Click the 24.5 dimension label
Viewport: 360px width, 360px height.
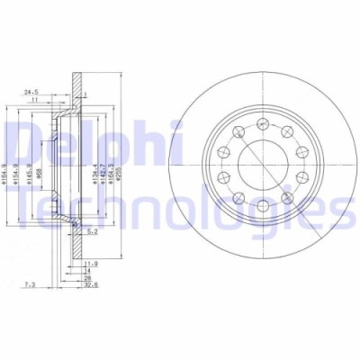click(32, 90)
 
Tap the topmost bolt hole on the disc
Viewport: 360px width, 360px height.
click(261, 123)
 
